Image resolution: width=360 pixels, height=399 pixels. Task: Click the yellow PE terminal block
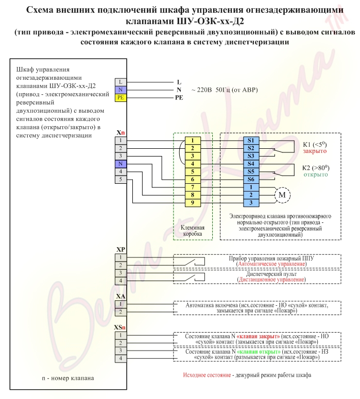coord(120,97)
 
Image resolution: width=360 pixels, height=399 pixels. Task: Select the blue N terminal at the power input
coord(120,89)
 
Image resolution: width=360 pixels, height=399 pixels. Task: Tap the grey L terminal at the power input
coord(120,81)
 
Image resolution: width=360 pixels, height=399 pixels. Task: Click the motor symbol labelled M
coord(282,195)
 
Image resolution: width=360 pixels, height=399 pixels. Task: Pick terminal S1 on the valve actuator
coord(250,140)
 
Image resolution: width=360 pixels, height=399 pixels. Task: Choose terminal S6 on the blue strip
coord(250,179)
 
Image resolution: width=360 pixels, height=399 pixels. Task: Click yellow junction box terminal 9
coord(192,202)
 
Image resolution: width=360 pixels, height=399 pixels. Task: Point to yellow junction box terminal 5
coord(192,171)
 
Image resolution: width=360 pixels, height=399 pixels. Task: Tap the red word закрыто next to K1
coord(315,152)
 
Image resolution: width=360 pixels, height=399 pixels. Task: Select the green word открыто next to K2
coord(315,175)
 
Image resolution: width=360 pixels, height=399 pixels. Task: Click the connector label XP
coord(121,249)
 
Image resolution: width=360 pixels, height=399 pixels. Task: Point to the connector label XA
coord(121,297)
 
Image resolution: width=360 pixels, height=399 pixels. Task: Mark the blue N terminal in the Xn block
coord(120,164)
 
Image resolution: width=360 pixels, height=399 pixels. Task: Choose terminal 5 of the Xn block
coord(120,179)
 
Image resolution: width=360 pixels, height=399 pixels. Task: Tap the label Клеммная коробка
coord(193,230)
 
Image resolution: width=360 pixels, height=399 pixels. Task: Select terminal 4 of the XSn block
coord(120,358)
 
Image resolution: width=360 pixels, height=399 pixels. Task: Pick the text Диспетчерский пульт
coord(271,274)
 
